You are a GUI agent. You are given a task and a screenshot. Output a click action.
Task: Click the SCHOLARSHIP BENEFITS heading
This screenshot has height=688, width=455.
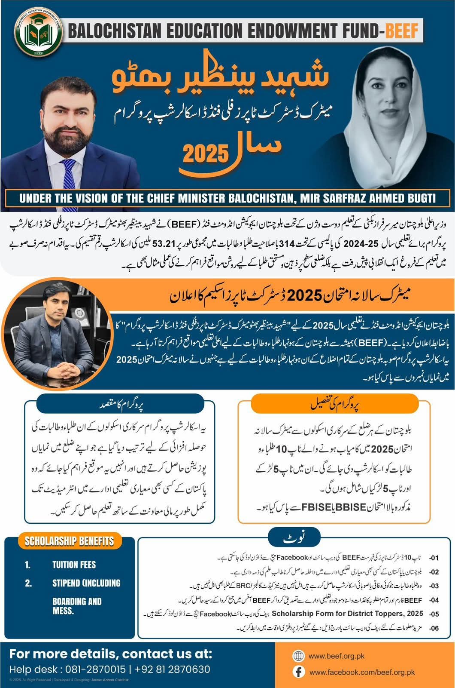(69, 541)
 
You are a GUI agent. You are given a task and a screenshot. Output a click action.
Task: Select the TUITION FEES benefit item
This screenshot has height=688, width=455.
(74, 565)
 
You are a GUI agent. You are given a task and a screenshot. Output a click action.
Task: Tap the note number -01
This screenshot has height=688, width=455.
(434, 558)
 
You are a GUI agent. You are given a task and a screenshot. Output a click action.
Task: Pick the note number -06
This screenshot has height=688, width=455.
(434, 629)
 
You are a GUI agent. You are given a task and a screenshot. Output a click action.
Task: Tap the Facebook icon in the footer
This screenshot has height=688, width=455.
(298, 672)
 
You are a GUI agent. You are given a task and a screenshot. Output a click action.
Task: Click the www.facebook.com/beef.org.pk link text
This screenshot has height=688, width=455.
(362, 672)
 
